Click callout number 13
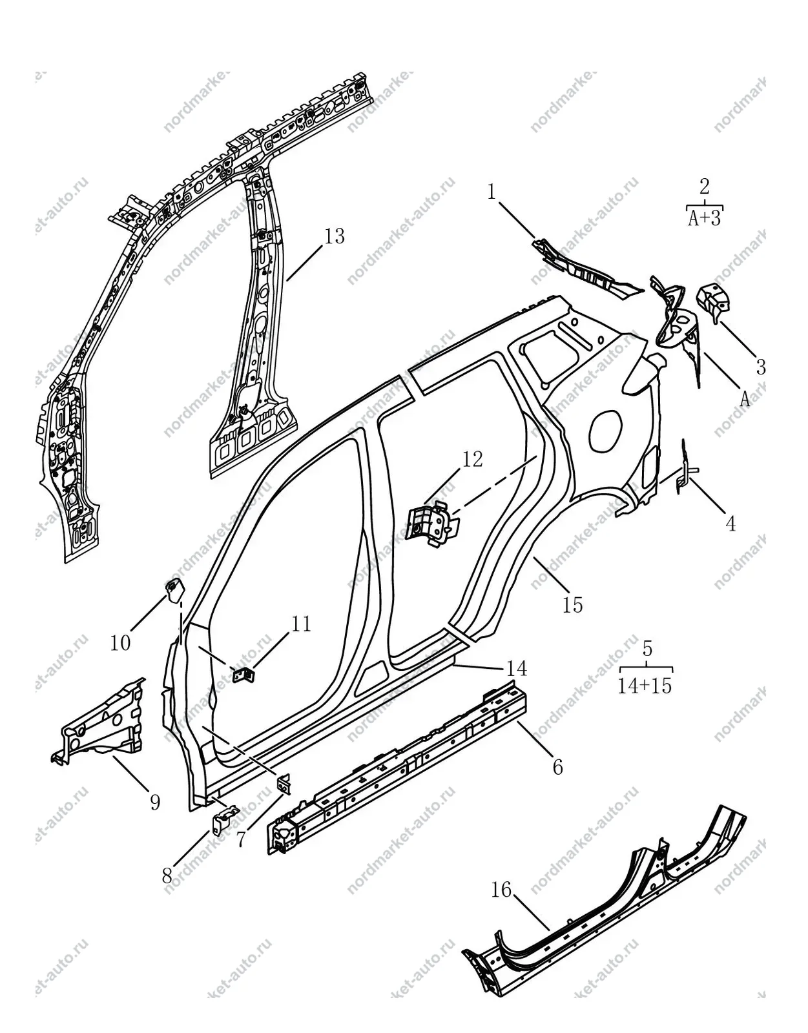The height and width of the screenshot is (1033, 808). [335, 236]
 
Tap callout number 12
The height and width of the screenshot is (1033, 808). [473, 459]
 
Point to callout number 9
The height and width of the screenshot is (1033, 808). [155, 803]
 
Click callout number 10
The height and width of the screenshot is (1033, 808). [120, 643]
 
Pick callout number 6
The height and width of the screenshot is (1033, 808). [558, 767]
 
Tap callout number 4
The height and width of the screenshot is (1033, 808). [730, 524]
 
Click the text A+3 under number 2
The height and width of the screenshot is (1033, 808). [705, 218]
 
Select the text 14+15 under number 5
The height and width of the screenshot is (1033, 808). [645, 685]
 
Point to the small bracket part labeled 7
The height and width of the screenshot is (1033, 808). [284, 784]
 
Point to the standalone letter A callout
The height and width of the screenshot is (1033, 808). [745, 398]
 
